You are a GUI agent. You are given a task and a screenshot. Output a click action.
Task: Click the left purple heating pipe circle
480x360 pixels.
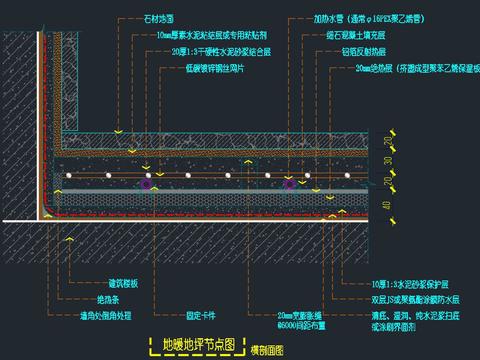click(x=147, y=184)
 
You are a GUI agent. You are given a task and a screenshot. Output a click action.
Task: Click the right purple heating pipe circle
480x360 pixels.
click(x=290, y=184)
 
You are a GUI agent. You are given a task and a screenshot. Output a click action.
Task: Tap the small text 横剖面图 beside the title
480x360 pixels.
click(x=266, y=348)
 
